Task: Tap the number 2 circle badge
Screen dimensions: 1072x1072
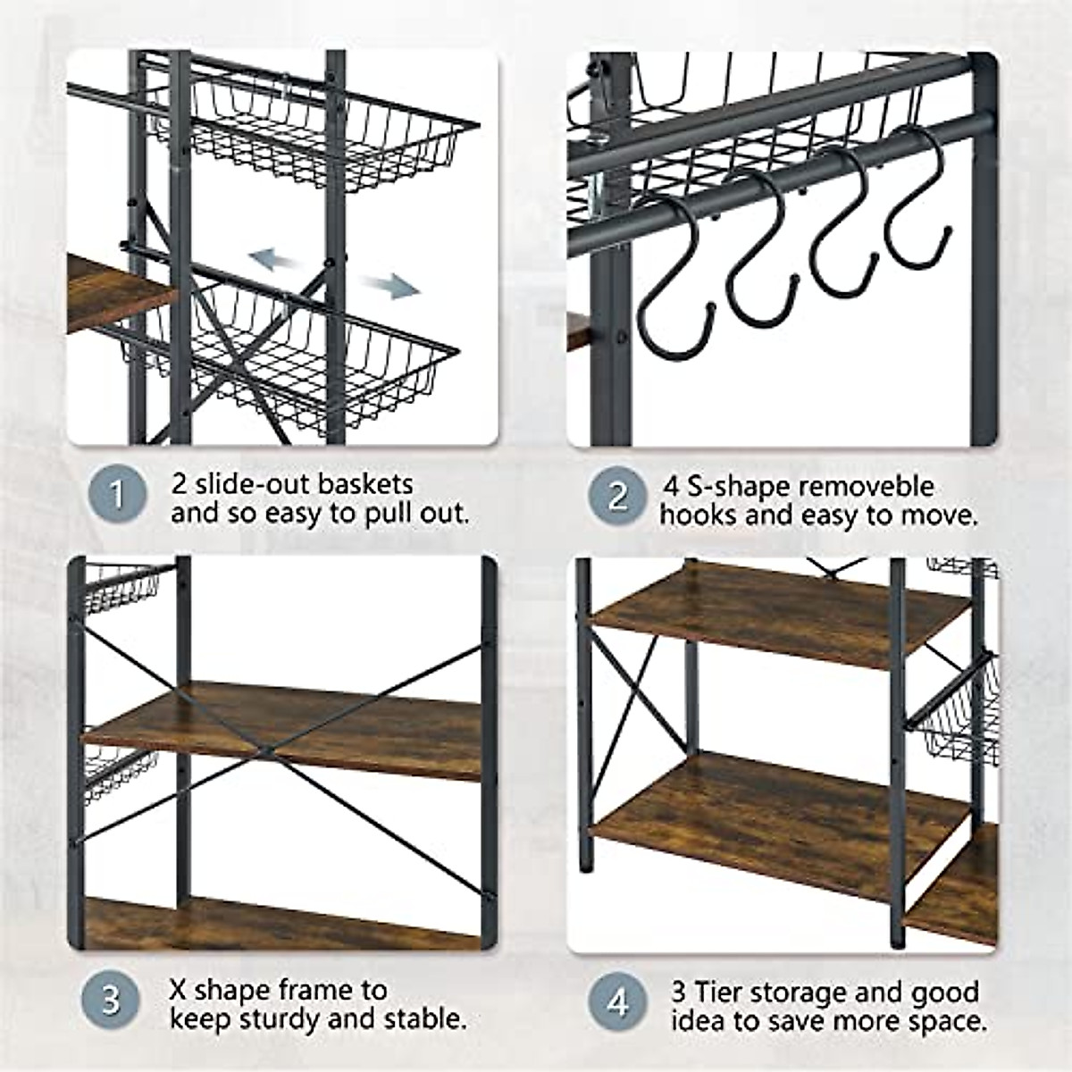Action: tap(617, 495)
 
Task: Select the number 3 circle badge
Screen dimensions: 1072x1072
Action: tap(110, 999)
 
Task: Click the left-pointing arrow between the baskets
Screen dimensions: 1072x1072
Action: tap(272, 261)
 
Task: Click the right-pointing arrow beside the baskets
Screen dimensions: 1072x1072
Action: tap(391, 286)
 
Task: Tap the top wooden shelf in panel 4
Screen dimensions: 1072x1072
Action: tap(777, 613)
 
